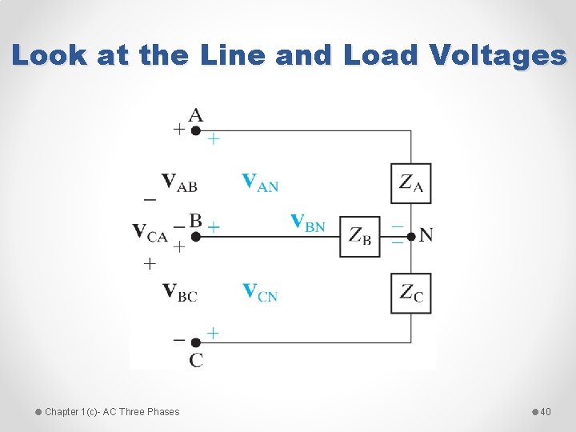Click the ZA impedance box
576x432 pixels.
point(411,184)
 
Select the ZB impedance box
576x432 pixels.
point(360,236)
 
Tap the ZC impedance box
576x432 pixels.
point(411,294)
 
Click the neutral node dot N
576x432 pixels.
point(411,236)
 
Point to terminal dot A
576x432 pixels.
point(195,130)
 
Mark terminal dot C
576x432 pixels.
point(195,342)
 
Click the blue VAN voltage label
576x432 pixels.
point(260,183)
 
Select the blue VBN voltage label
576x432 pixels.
point(308,222)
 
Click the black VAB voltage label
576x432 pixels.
point(179,183)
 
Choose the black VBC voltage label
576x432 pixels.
point(179,292)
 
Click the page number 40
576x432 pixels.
point(546,412)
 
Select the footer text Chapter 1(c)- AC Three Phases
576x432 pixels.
point(112,412)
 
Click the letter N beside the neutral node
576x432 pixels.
point(426,235)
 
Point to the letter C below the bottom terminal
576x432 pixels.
point(196,360)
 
